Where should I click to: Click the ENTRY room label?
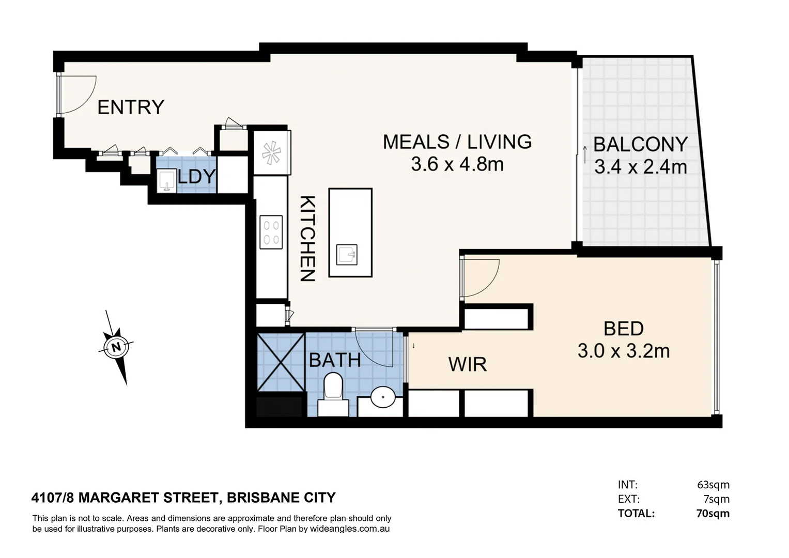(x=131, y=107)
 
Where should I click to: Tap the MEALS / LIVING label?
(x=457, y=142)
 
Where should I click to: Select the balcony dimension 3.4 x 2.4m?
(x=640, y=167)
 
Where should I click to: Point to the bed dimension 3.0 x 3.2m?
(x=623, y=351)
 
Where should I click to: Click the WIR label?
(x=467, y=365)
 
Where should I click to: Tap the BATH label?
(x=335, y=360)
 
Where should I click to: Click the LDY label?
(x=197, y=177)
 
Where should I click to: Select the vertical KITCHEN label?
(x=307, y=238)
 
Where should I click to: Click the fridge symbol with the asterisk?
(x=271, y=153)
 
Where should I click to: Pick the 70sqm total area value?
(x=713, y=514)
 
